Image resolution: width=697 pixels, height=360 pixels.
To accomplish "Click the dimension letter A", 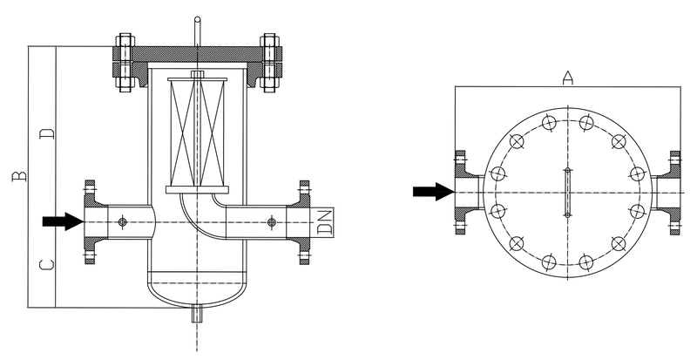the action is [x=568, y=78].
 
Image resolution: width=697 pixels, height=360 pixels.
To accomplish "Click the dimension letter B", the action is [x=19, y=176].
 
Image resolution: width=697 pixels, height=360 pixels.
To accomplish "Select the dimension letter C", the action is [x=47, y=265].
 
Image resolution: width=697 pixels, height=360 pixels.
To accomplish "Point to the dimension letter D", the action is [x=47, y=133].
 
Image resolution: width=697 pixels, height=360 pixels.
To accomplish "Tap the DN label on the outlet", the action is [x=325, y=222].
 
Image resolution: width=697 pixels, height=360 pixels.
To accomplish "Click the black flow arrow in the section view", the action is [x=63, y=221].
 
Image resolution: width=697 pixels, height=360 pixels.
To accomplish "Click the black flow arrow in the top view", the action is [x=433, y=192].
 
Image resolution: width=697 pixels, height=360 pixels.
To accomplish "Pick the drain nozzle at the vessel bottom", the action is [x=197, y=314].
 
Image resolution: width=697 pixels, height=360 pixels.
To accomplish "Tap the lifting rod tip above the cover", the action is [x=198, y=19].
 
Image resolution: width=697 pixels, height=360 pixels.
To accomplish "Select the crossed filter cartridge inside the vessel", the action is [x=198, y=133].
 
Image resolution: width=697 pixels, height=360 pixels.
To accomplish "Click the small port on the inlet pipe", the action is [x=123, y=221].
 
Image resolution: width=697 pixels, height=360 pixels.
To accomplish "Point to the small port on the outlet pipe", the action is [x=272, y=221].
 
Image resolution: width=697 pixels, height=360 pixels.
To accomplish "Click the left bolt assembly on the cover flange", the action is [x=125, y=62].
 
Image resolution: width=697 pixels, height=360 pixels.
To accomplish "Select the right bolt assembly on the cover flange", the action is [x=269, y=62].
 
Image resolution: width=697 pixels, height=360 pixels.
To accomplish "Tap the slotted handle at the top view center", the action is [x=568, y=193].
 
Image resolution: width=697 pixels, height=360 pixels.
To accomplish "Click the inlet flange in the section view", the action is [x=91, y=222].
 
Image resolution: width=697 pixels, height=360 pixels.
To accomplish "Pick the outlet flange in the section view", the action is [x=301, y=222].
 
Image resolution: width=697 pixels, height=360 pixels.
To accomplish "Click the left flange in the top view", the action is [x=464, y=193].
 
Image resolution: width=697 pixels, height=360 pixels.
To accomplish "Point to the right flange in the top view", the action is [x=670, y=193].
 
